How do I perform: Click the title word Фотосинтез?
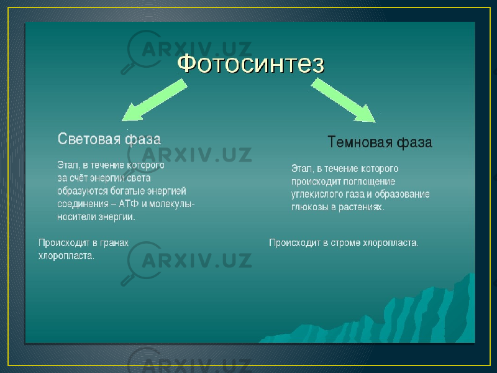251,64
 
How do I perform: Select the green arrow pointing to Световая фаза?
155,100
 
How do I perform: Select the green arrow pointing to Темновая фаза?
344,100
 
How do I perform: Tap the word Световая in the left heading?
89,139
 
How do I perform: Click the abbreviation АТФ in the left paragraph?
129,204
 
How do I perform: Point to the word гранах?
114,243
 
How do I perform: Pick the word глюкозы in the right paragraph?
310,207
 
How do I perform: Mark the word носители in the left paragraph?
77,217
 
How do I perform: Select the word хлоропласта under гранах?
66,256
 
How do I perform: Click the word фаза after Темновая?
414,142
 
